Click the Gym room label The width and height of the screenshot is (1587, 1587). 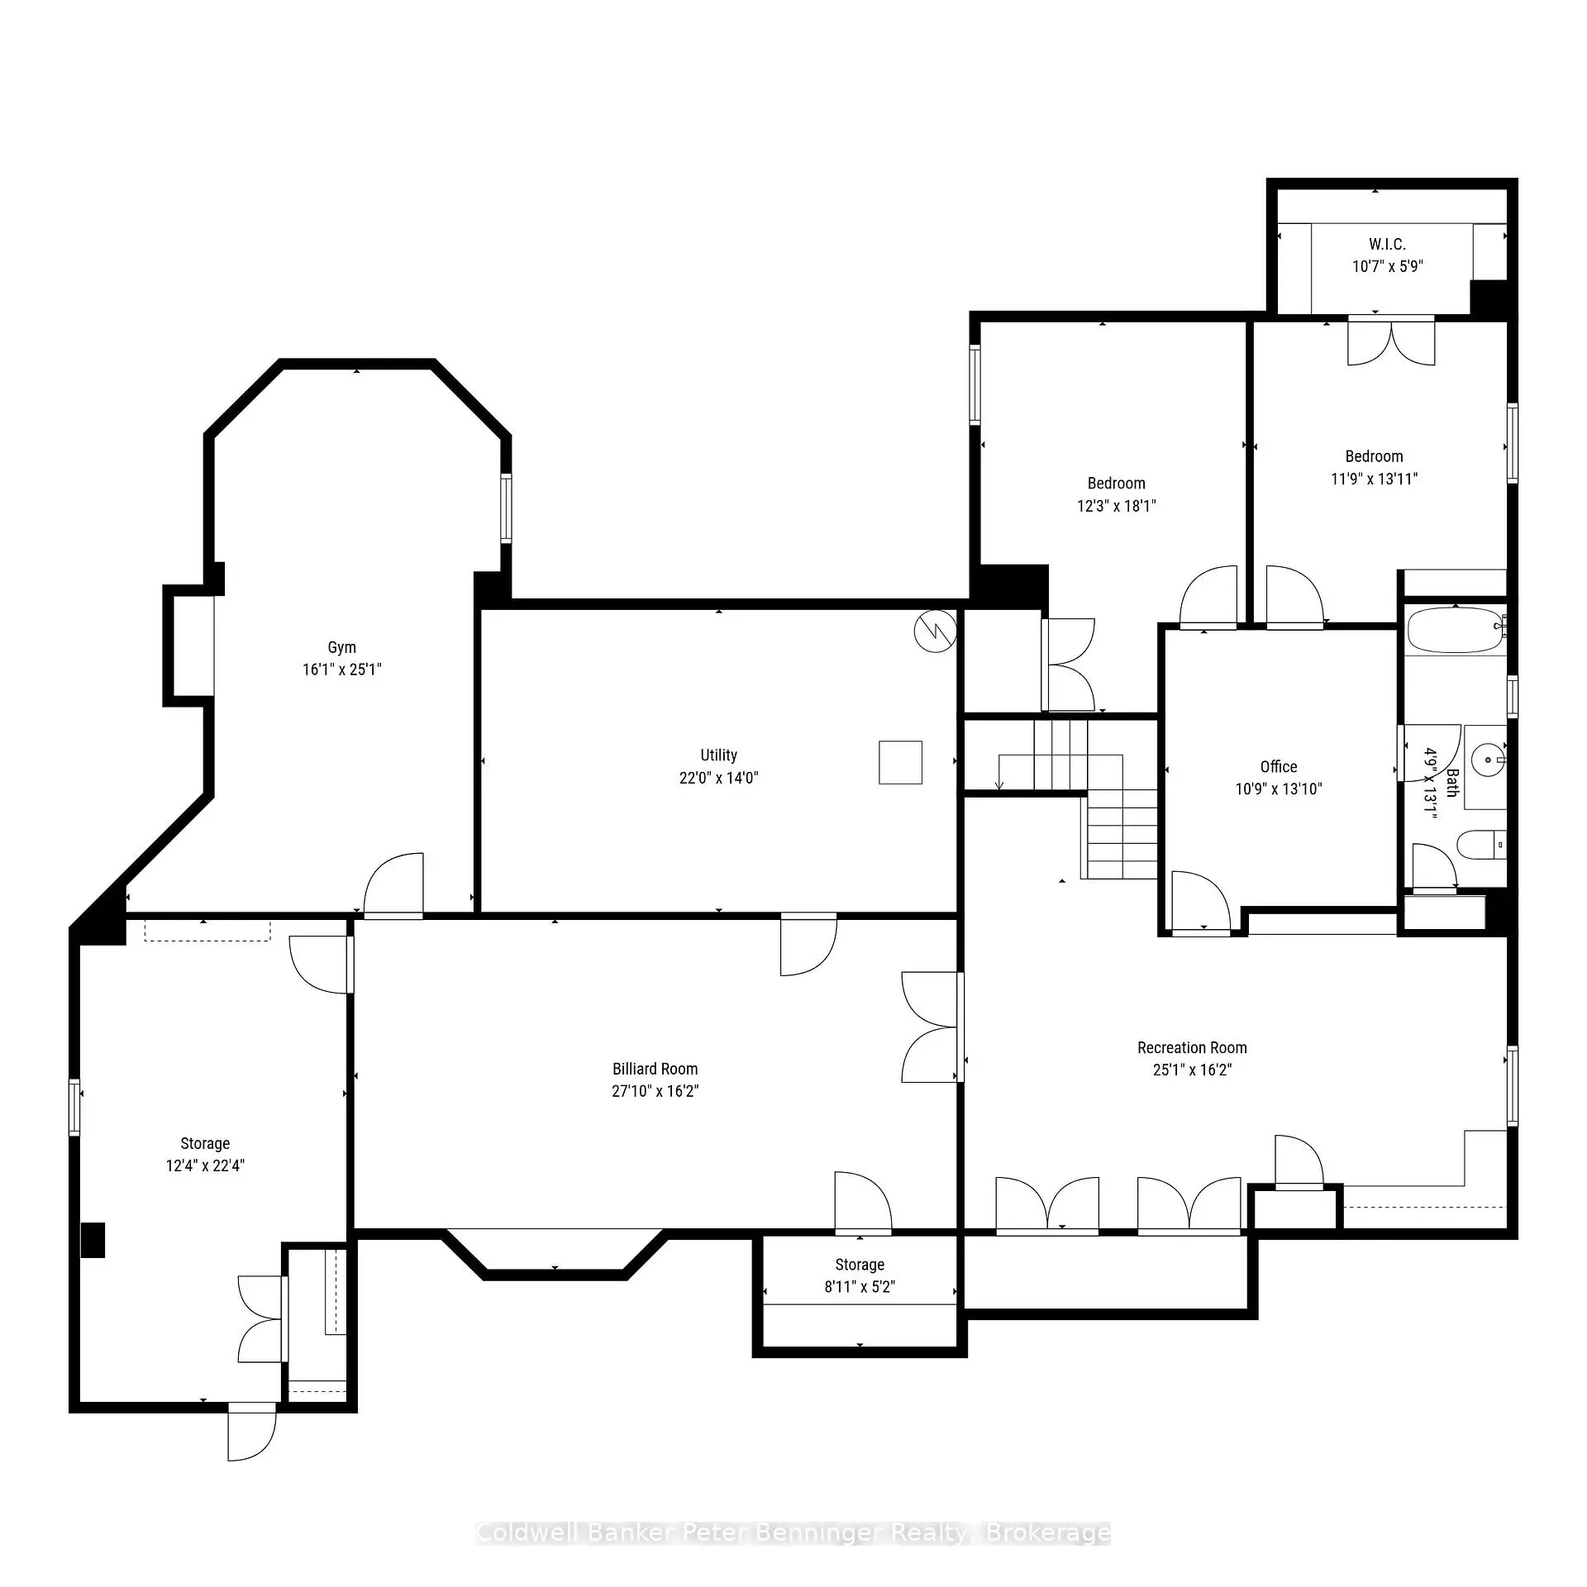click(341, 647)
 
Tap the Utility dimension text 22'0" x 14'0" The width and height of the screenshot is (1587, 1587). click(718, 778)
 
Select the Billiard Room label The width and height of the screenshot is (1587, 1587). click(655, 1069)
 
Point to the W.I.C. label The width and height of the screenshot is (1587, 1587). click(1387, 245)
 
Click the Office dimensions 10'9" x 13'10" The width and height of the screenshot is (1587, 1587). click(1278, 789)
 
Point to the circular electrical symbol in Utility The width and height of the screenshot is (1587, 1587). click(935, 632)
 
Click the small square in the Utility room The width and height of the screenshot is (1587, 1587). click(900, 762)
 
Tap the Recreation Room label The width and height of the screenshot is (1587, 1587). click(1192, 1048)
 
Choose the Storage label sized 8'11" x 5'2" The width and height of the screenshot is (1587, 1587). click(860, 1265)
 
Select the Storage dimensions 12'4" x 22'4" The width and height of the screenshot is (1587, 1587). click(205, 1165)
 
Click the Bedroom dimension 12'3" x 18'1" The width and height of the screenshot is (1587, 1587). click(1116, 506)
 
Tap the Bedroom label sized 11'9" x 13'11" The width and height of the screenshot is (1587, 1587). click(1374, 456)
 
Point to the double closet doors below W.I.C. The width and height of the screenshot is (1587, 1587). click(1391, 341)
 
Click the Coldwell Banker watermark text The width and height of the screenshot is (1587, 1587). click(793, 1534)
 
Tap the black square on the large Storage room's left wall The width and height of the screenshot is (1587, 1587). click(93, 1240)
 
